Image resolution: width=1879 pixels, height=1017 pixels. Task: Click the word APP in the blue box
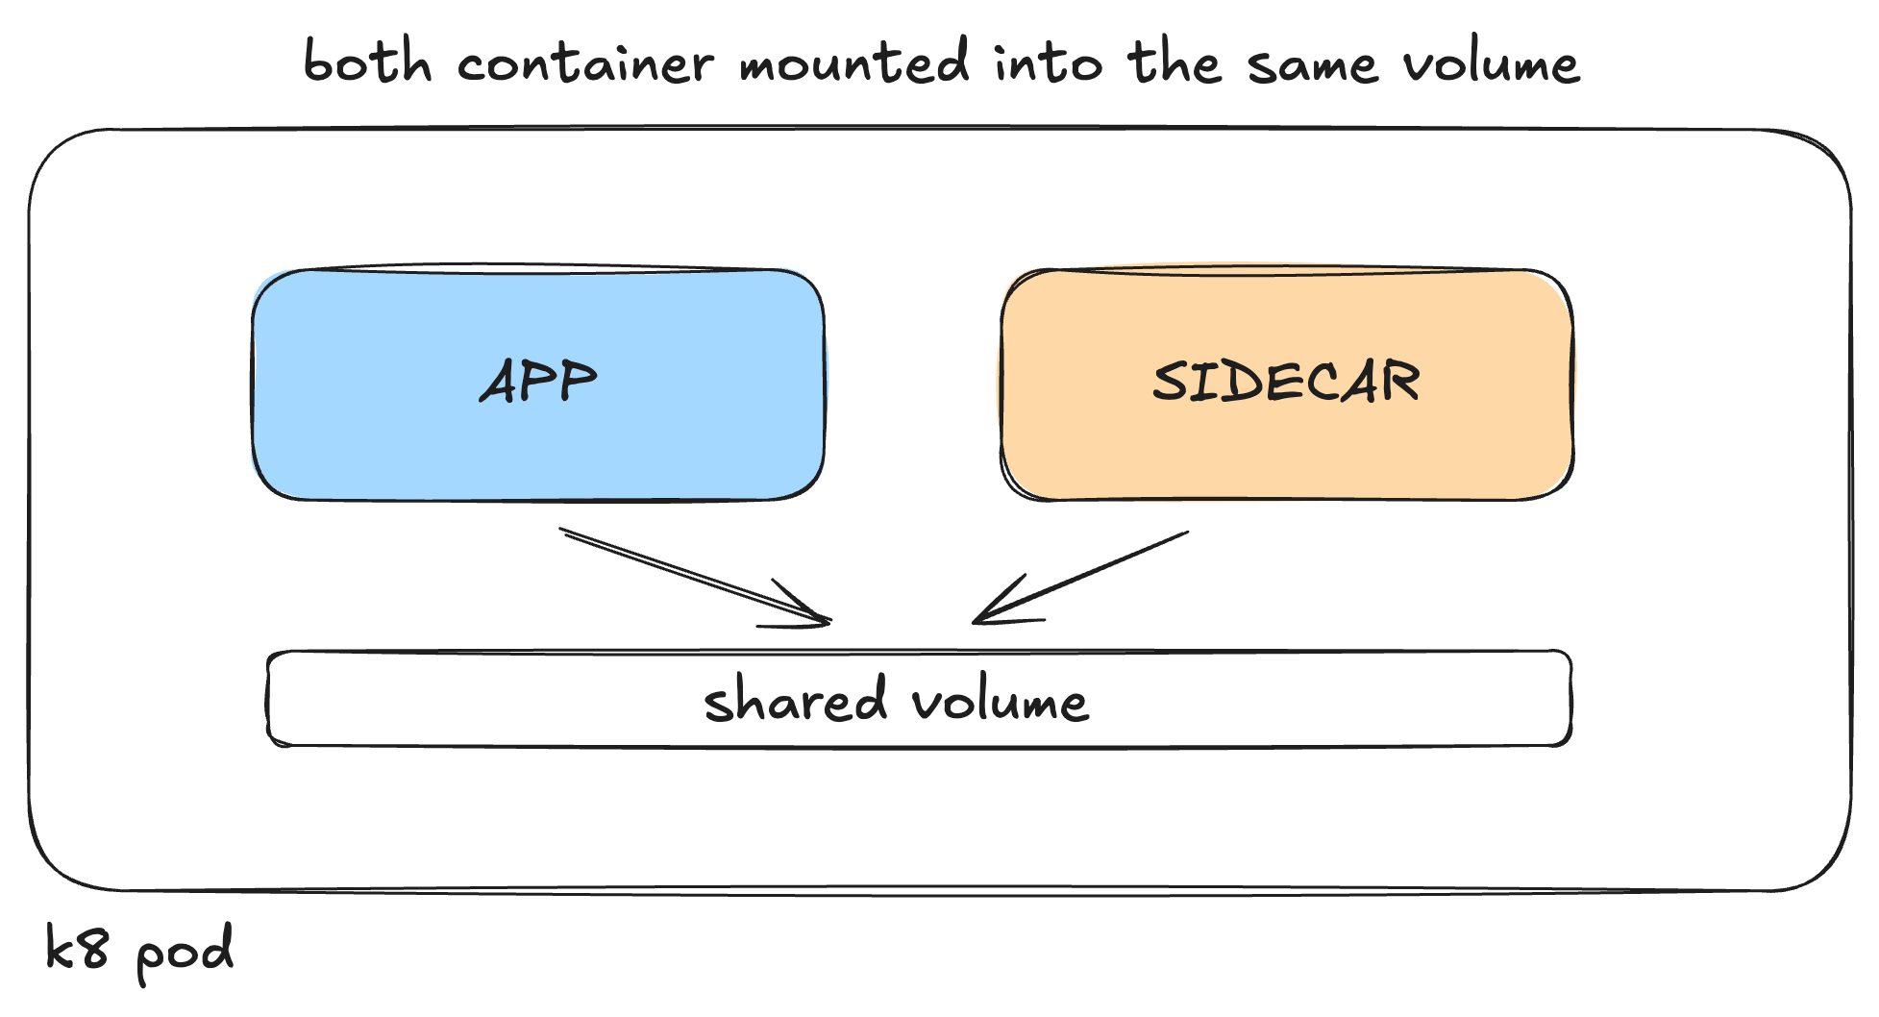tap(538, 382)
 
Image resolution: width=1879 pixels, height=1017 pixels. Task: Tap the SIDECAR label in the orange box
tap(1286, 382)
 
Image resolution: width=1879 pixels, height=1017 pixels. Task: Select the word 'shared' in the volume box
tap(795, 700)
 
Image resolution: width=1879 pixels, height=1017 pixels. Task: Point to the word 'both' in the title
tap(367, 62)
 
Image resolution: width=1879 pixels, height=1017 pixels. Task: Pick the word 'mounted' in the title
tap(854, 62)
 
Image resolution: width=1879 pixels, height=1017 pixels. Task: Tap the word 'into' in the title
tap(1048, 62)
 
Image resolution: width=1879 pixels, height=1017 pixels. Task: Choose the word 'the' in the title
tap(1174, 62)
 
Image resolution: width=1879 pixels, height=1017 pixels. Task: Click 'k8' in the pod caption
tap(77, 949)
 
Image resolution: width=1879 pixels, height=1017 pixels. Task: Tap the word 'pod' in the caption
tap(185, 952)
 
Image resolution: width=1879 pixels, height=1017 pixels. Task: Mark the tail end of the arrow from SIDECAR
tap(1187, 533)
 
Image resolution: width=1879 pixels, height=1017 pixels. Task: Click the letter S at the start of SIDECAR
tap(1170, 382)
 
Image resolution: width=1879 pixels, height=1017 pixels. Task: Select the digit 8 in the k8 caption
tap(93, 950)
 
